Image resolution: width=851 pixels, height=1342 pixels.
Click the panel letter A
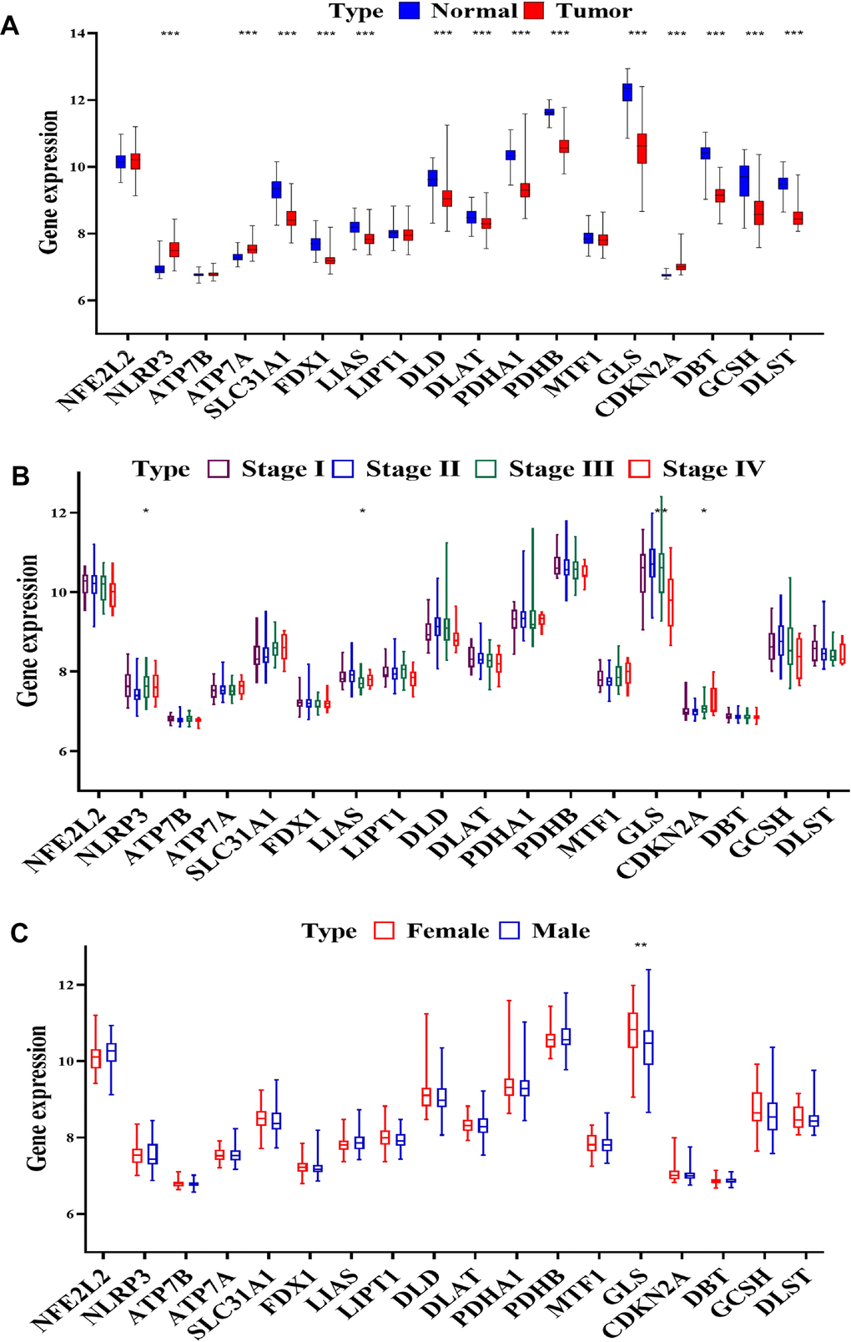tap(10, 26)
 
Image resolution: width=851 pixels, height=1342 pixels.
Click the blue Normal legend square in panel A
tap(409, 11)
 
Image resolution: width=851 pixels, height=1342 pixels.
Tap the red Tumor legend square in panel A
tap(534, 11)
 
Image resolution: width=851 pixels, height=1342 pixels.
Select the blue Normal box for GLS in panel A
tap(627, 92)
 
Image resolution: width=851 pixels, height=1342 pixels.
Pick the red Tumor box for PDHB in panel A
tap(564, 146)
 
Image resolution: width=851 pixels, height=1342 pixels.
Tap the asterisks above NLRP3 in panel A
tap(169, 34)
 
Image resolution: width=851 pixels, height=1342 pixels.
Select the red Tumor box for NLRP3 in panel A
tap(174, 250)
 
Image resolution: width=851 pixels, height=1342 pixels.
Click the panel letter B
tap(19, 475)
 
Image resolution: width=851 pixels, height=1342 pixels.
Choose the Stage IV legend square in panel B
tap(639, 469)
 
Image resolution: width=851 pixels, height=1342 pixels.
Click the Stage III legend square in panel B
tap(486, 469)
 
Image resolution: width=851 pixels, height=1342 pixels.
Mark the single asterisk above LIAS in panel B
tap(362, 512)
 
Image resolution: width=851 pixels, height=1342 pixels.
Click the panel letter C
tap(19, 933)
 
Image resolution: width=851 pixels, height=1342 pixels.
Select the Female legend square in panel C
tap(384, 931)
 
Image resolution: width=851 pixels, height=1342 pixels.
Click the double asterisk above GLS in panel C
tap(641, 946)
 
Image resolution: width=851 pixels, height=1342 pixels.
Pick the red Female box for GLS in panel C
tap(633, 1030)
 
